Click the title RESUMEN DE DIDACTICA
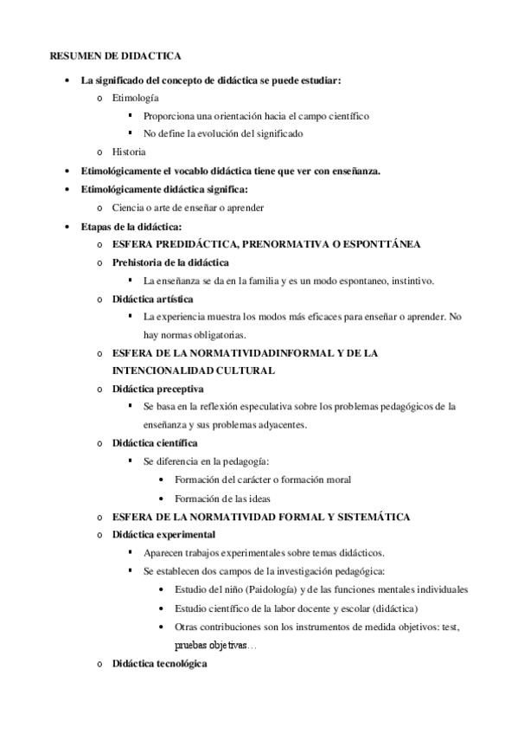pos(115,56)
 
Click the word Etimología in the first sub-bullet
pos(136,99)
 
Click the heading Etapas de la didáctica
pos(131,226)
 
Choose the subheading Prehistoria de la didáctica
pos(170,262)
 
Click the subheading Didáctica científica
pos(155,442)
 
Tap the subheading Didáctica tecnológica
pos(160,664)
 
